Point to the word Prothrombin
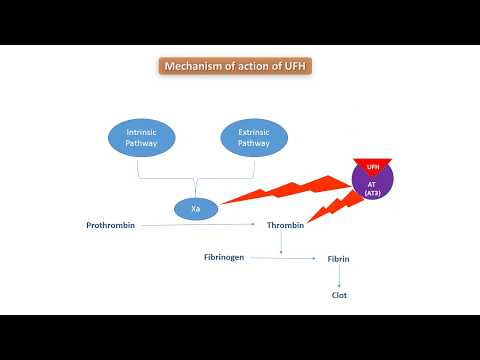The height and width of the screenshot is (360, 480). [x=110, y=226]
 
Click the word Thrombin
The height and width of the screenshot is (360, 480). [x=285, y=226]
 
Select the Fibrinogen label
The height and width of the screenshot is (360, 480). [x=226, y=258]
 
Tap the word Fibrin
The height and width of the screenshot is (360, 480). [x=338, y=260]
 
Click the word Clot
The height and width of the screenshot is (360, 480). [x=339, y=295]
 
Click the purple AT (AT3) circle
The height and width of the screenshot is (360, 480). [x=373, y=186]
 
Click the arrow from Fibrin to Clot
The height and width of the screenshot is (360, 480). [x=339, y=277]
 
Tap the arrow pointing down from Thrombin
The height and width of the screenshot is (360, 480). [x=282, y=243]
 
